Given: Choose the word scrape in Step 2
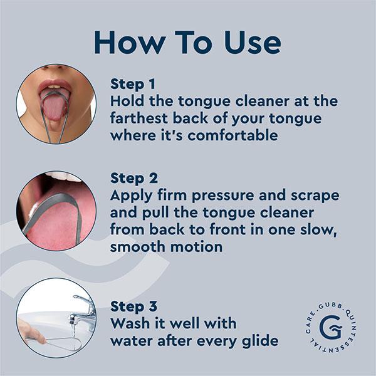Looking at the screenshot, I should pos(313,196).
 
